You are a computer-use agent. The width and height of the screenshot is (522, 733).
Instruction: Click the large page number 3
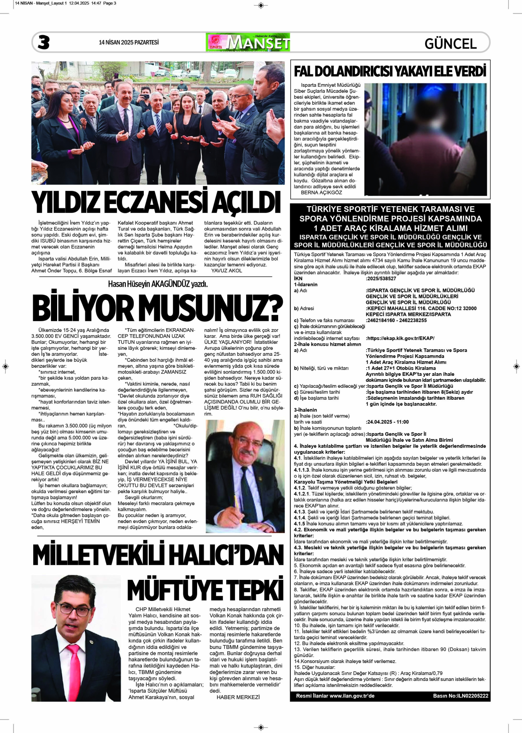click(44, 42)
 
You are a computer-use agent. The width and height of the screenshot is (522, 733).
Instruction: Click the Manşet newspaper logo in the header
click(248, 42)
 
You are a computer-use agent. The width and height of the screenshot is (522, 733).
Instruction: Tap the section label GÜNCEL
click(451, 44)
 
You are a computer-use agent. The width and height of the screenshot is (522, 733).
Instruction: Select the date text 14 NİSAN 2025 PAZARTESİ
click(129, 42)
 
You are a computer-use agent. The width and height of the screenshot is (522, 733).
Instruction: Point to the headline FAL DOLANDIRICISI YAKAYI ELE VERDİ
click(390, 71)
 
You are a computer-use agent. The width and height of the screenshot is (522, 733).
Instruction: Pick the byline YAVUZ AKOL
click(226, 270)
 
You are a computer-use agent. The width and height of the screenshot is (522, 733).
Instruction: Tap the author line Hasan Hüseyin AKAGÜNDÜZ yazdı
click(158, 284)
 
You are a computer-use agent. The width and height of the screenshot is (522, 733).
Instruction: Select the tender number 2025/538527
click(381, 279)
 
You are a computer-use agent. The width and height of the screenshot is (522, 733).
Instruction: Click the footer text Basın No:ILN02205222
click(461, 707)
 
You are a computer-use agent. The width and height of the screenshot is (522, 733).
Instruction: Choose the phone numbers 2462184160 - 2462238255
click(397, 320)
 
